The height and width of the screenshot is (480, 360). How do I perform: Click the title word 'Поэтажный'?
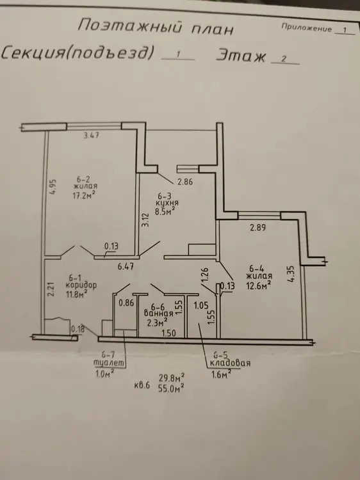[x=130, y=27]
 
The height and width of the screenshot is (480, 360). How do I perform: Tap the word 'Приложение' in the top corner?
[x=306, y=28]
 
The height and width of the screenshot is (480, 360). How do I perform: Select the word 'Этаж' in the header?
[x=241, y=56]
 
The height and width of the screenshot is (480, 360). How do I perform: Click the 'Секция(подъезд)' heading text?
[x=78, y=52]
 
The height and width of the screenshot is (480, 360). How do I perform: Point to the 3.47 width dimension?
[x=92, y=135]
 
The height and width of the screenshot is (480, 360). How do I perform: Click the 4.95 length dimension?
[x=53, y=187]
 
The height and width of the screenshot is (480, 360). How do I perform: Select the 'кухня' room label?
[x=167, y=203]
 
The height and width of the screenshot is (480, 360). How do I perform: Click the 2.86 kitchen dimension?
[x=185, y=182]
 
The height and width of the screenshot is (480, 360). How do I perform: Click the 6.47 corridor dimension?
[x=126, y=266]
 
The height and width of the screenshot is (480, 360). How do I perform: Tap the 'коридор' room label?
[x=81, y=285]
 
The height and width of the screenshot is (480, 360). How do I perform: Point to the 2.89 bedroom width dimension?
[x=258, y=227]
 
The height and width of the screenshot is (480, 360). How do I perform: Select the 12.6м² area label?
[x=259, y=285]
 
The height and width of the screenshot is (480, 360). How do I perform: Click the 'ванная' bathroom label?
[x=158, y=314]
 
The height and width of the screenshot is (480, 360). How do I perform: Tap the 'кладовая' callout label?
[x=230, y=364]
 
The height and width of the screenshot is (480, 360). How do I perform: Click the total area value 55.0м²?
[x=171, y=388]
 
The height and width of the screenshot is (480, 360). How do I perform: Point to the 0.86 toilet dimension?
[x=126, y=303]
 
